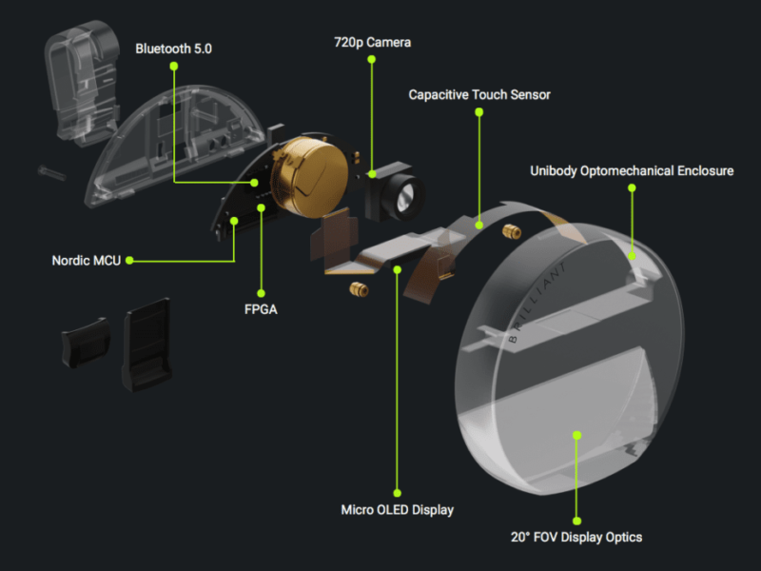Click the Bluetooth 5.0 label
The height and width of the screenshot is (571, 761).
(x=174, y=48)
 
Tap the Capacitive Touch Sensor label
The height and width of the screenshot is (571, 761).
(x=479, y=94)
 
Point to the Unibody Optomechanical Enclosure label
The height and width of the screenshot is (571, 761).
(x=632, y=171)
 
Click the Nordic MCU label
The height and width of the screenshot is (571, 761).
(x=86, y=260)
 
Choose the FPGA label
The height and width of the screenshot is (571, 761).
(x=261, y=309)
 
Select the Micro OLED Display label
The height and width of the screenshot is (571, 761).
(x=398, y=509)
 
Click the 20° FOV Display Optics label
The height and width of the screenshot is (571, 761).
(x=576, y=537)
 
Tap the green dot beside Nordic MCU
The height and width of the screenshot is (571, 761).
(x=129, y=260)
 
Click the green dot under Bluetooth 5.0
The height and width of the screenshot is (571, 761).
(x=174, y=66)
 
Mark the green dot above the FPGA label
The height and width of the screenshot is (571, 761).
(x=261, y=292)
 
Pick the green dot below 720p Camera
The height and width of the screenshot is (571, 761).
(x=372, y=61)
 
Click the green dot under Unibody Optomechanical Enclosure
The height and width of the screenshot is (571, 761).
(x=632, y=188)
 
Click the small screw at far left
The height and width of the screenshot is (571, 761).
(x=49, y=171)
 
